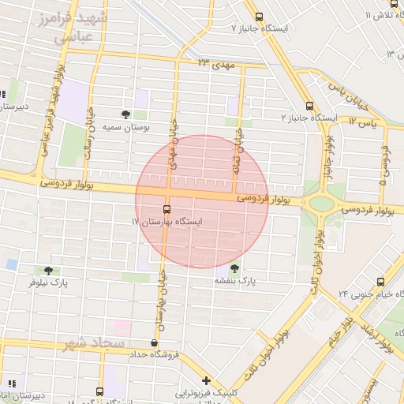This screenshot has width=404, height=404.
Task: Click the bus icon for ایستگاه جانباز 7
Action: (260, 17)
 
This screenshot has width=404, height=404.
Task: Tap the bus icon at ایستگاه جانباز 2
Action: (309, 105)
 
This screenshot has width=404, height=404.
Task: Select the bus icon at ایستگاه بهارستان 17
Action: (166, 210)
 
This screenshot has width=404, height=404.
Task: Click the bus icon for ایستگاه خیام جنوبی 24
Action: (381, 282)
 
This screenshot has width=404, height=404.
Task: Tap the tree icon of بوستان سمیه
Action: (125, 114)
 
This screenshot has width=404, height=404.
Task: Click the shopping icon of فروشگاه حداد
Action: (153, 343)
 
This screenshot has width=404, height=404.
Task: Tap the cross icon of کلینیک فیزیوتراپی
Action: (206, 380)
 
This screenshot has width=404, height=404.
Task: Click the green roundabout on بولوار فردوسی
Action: (321, 204)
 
